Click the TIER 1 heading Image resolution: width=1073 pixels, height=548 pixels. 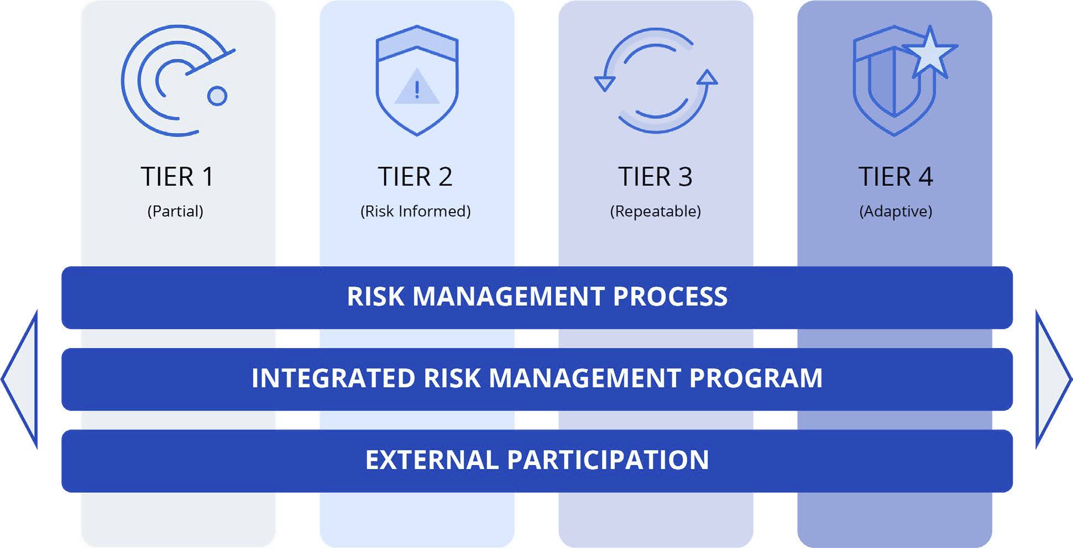[x=177, y=177]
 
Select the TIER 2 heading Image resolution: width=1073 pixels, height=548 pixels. [x=415, y=177]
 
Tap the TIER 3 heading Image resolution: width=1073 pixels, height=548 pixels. [x=655, y=177]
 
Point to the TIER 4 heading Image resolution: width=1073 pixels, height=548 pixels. [x=896, y=177]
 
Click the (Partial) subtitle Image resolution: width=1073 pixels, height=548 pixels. [x=175, y=211]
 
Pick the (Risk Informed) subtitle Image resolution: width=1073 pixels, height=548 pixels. [x=416, y=211]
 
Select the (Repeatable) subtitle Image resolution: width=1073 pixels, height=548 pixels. [x=656, y=211]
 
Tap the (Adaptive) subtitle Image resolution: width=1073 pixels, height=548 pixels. [x=896, y=211]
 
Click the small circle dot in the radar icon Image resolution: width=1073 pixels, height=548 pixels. [x=217, y=96]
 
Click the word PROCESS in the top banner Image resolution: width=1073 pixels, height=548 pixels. [x=670, y=297]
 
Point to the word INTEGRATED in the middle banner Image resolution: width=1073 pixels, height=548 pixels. [x=333, y=378]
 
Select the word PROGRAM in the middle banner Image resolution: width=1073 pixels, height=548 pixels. [x=756, y=378]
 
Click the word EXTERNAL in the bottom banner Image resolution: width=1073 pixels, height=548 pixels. [x=432, y=460]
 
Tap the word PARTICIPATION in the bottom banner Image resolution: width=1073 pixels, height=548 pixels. [x=608, y=460]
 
